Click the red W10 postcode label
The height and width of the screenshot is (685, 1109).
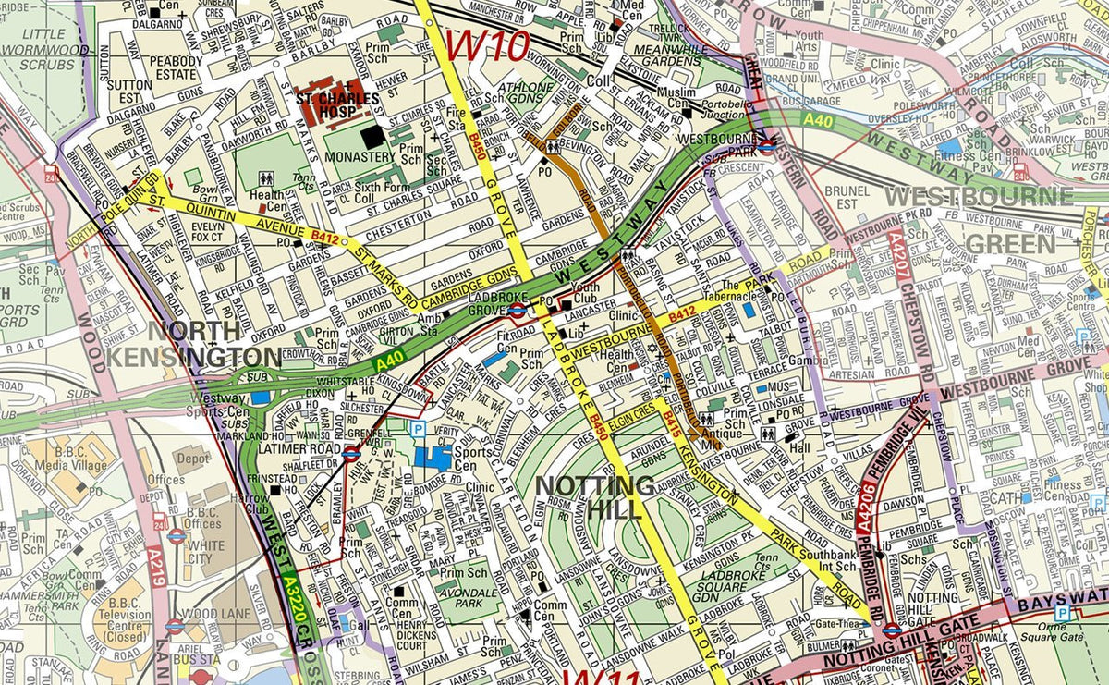[x=488, y=43]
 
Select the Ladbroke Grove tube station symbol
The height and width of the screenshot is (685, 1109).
[x=518, y=309]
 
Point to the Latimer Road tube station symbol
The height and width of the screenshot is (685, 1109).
[x=350, y=453]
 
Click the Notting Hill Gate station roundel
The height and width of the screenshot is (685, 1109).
[x=892, y=629]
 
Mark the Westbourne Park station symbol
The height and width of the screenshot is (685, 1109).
[x=767, y=145]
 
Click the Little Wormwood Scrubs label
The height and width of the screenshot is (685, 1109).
[x=37, y=48]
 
